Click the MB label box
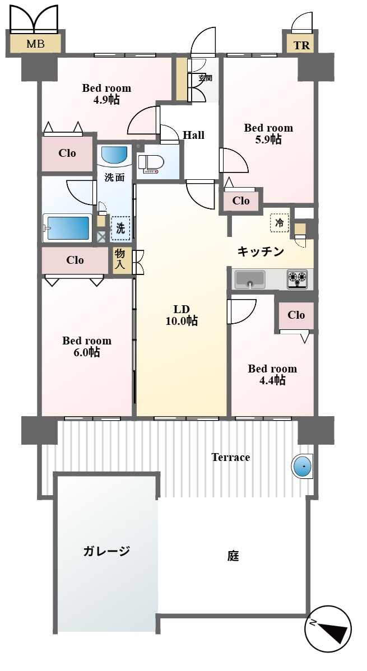coord(35,43)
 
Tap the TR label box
coord(301,45)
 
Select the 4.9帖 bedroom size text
coord(107,100)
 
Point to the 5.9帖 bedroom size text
coord(268,139)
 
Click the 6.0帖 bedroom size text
coord(87,352)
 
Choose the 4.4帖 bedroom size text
coord(272,380)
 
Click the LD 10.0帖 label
coord(182,315)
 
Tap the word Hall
coord(193,135)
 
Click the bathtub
coord(67,228)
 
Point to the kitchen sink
coord(249,279)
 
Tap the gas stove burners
coord(297,279)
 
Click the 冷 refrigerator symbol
coord(279,222)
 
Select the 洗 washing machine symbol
coord(120,228)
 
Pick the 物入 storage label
coord(120,260)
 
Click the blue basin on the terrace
coord(303,465)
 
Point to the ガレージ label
coord(106,551)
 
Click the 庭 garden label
coord(233,556)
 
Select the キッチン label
coord(261,251)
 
